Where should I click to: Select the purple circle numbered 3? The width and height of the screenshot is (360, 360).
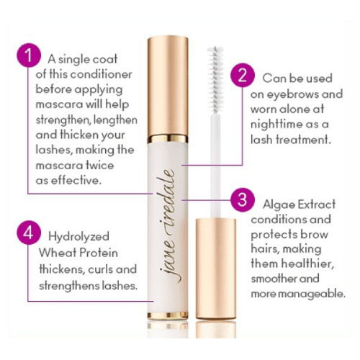243,199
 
